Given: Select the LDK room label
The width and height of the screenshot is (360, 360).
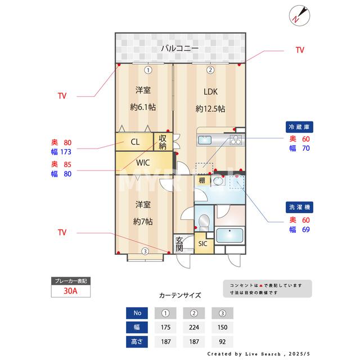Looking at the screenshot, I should click(210, 92).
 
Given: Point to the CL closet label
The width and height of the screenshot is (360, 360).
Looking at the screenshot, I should click(135, 142).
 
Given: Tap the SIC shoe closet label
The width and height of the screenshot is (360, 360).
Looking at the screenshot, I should click(203, 244).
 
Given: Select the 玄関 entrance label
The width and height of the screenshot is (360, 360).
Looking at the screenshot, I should click(179, 244).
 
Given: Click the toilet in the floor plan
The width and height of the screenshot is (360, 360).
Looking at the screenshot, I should click(204, 218).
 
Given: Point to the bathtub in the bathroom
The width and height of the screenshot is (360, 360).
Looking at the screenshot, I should click(230, 235).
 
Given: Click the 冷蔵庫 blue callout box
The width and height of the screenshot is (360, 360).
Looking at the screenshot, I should click(299, 127).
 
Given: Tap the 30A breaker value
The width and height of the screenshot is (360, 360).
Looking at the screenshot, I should click(69, 291).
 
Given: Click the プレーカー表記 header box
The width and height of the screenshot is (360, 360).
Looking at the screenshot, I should click(69, 280).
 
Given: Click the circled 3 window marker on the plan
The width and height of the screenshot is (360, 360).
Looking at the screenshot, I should click(145, 251).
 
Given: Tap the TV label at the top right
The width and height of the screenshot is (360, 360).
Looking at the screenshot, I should click(300, 50).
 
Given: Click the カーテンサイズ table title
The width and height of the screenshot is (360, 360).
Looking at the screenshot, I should click(179, 295).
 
